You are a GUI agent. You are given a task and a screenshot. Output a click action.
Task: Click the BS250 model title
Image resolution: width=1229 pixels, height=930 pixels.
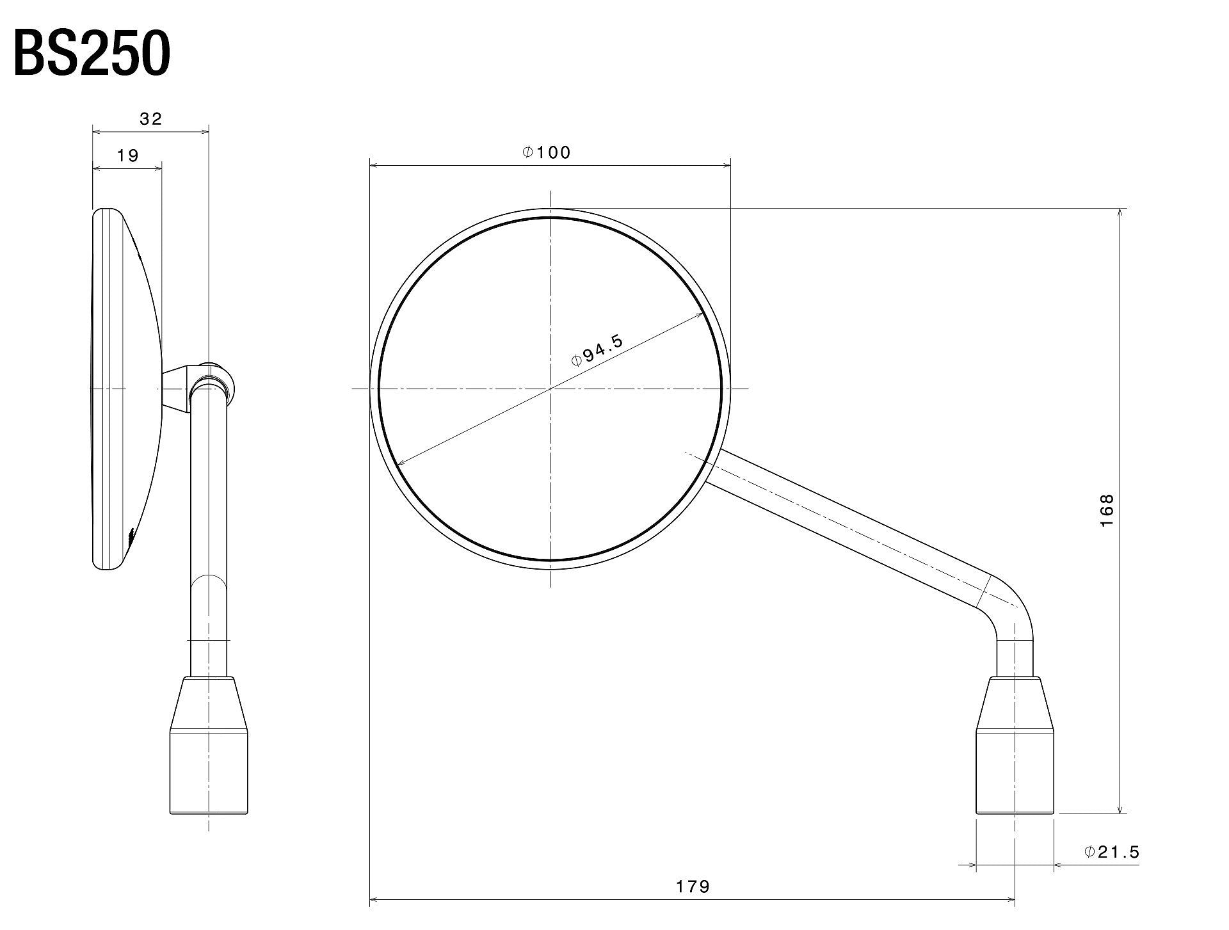coord(92,54)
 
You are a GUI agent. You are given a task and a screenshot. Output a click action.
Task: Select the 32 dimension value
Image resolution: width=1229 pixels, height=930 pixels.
coord(151,118)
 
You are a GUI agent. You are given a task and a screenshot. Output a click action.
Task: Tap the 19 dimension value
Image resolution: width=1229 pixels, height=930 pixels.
coord(128,156)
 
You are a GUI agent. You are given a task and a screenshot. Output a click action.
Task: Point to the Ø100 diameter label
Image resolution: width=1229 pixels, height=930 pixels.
coord(546,152)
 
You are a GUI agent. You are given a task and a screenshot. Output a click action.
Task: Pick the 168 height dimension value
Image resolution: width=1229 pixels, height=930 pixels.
coord(1107,510)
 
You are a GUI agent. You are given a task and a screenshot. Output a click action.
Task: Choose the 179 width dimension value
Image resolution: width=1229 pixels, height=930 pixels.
coord(693,886)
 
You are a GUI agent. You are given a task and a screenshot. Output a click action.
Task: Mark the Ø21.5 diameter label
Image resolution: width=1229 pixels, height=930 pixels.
coord(1113,852)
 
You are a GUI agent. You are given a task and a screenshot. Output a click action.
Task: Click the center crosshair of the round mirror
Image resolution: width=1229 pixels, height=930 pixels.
coord(550,389)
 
